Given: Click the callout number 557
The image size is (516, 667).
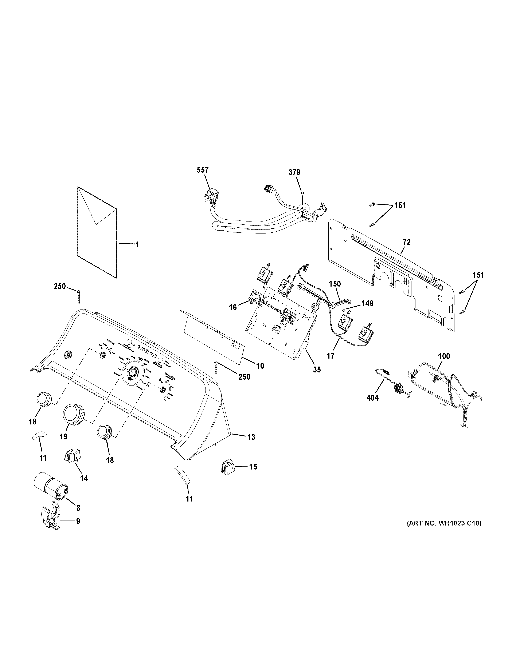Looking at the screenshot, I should click(203, 170).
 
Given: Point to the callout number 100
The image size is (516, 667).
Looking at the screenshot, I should click(444, 356).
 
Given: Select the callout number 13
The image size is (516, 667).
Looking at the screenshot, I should click(251, 437).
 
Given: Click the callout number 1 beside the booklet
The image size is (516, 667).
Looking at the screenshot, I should click(137, 245).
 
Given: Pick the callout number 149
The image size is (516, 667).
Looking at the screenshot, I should click(367, 303).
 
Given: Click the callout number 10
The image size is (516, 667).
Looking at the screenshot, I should click(260, 366).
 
